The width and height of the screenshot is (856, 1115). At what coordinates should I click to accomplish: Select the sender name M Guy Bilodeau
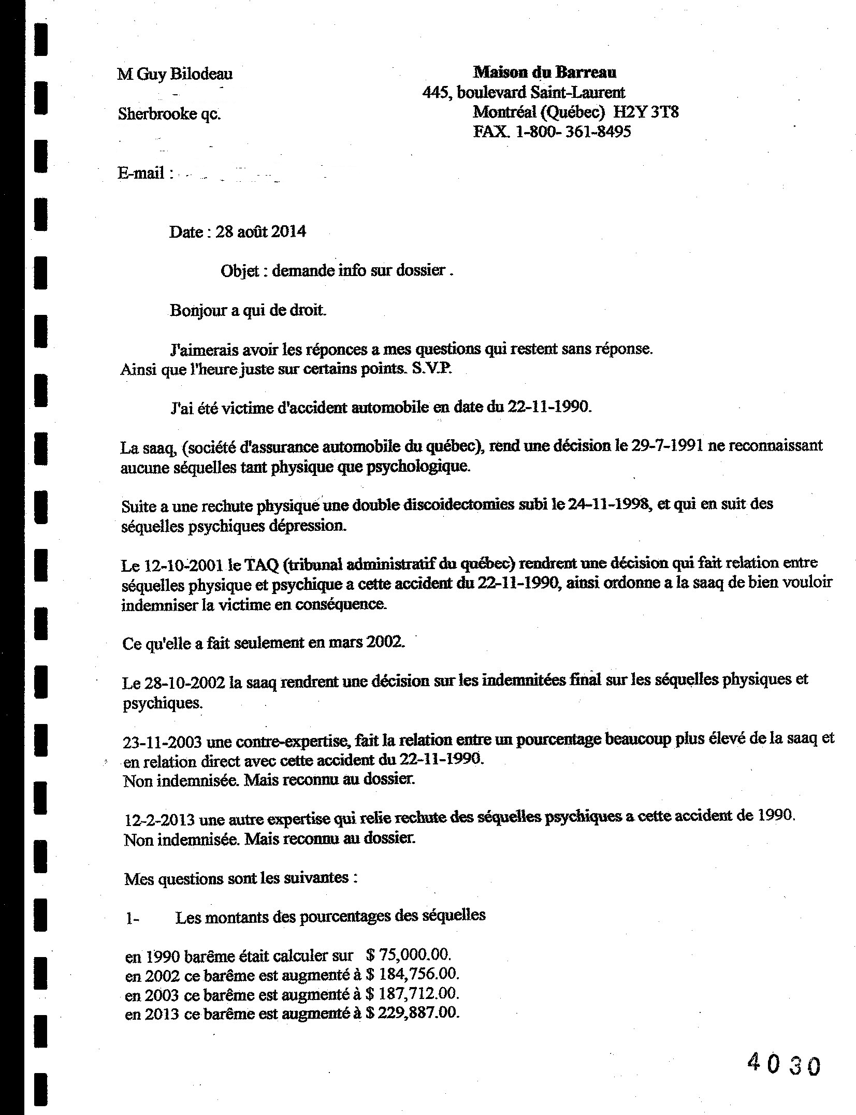175,74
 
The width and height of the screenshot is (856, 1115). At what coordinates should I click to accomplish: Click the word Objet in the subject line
239,270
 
